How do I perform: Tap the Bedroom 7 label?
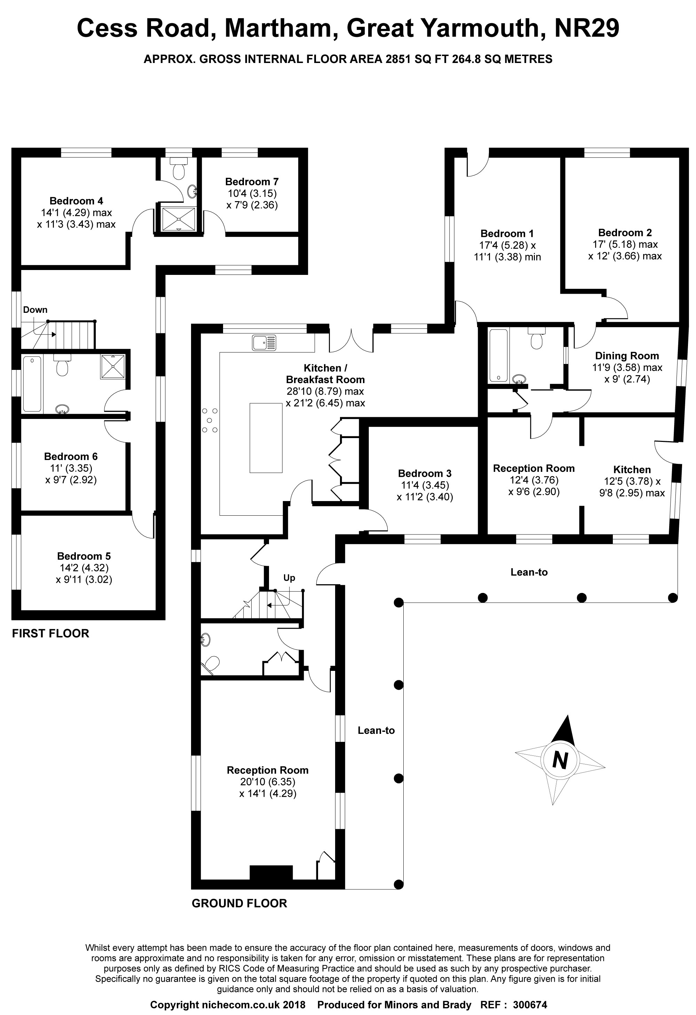click(252, 182)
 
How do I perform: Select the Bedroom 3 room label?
click(424, 474)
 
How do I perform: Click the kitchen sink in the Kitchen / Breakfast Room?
click(264, 342)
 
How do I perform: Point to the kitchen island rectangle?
click(266, 438)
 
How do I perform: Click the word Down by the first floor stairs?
click(35, 310)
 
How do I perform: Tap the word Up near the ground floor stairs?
click(289, 578)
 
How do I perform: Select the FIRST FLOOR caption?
click(50, 633)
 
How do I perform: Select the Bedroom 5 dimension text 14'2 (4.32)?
click(84, 568)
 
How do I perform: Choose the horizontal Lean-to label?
click(529, 572)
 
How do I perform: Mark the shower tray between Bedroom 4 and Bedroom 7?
click(178, 219)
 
